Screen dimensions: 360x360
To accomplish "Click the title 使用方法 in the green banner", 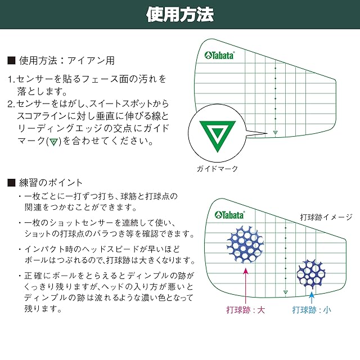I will click(179, 14).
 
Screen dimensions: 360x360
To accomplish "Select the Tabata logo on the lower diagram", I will click(229, 215).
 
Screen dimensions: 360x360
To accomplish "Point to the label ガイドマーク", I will click(217, 168).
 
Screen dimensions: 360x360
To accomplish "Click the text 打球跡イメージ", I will click(326, 217).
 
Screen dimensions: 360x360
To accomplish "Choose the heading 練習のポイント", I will click(51, 182).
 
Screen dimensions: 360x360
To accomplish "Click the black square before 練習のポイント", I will click(11, 182).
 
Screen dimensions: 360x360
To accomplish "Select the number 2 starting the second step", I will click(10, 104).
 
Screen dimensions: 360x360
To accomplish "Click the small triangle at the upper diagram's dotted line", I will click(275, 133).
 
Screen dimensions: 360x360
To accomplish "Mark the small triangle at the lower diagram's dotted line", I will click(285, 291).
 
